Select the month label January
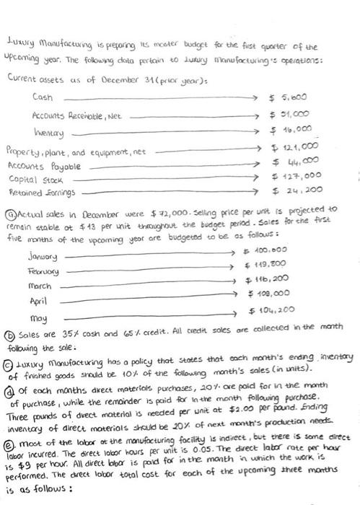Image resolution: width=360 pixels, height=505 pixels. (x=41, y=257)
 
